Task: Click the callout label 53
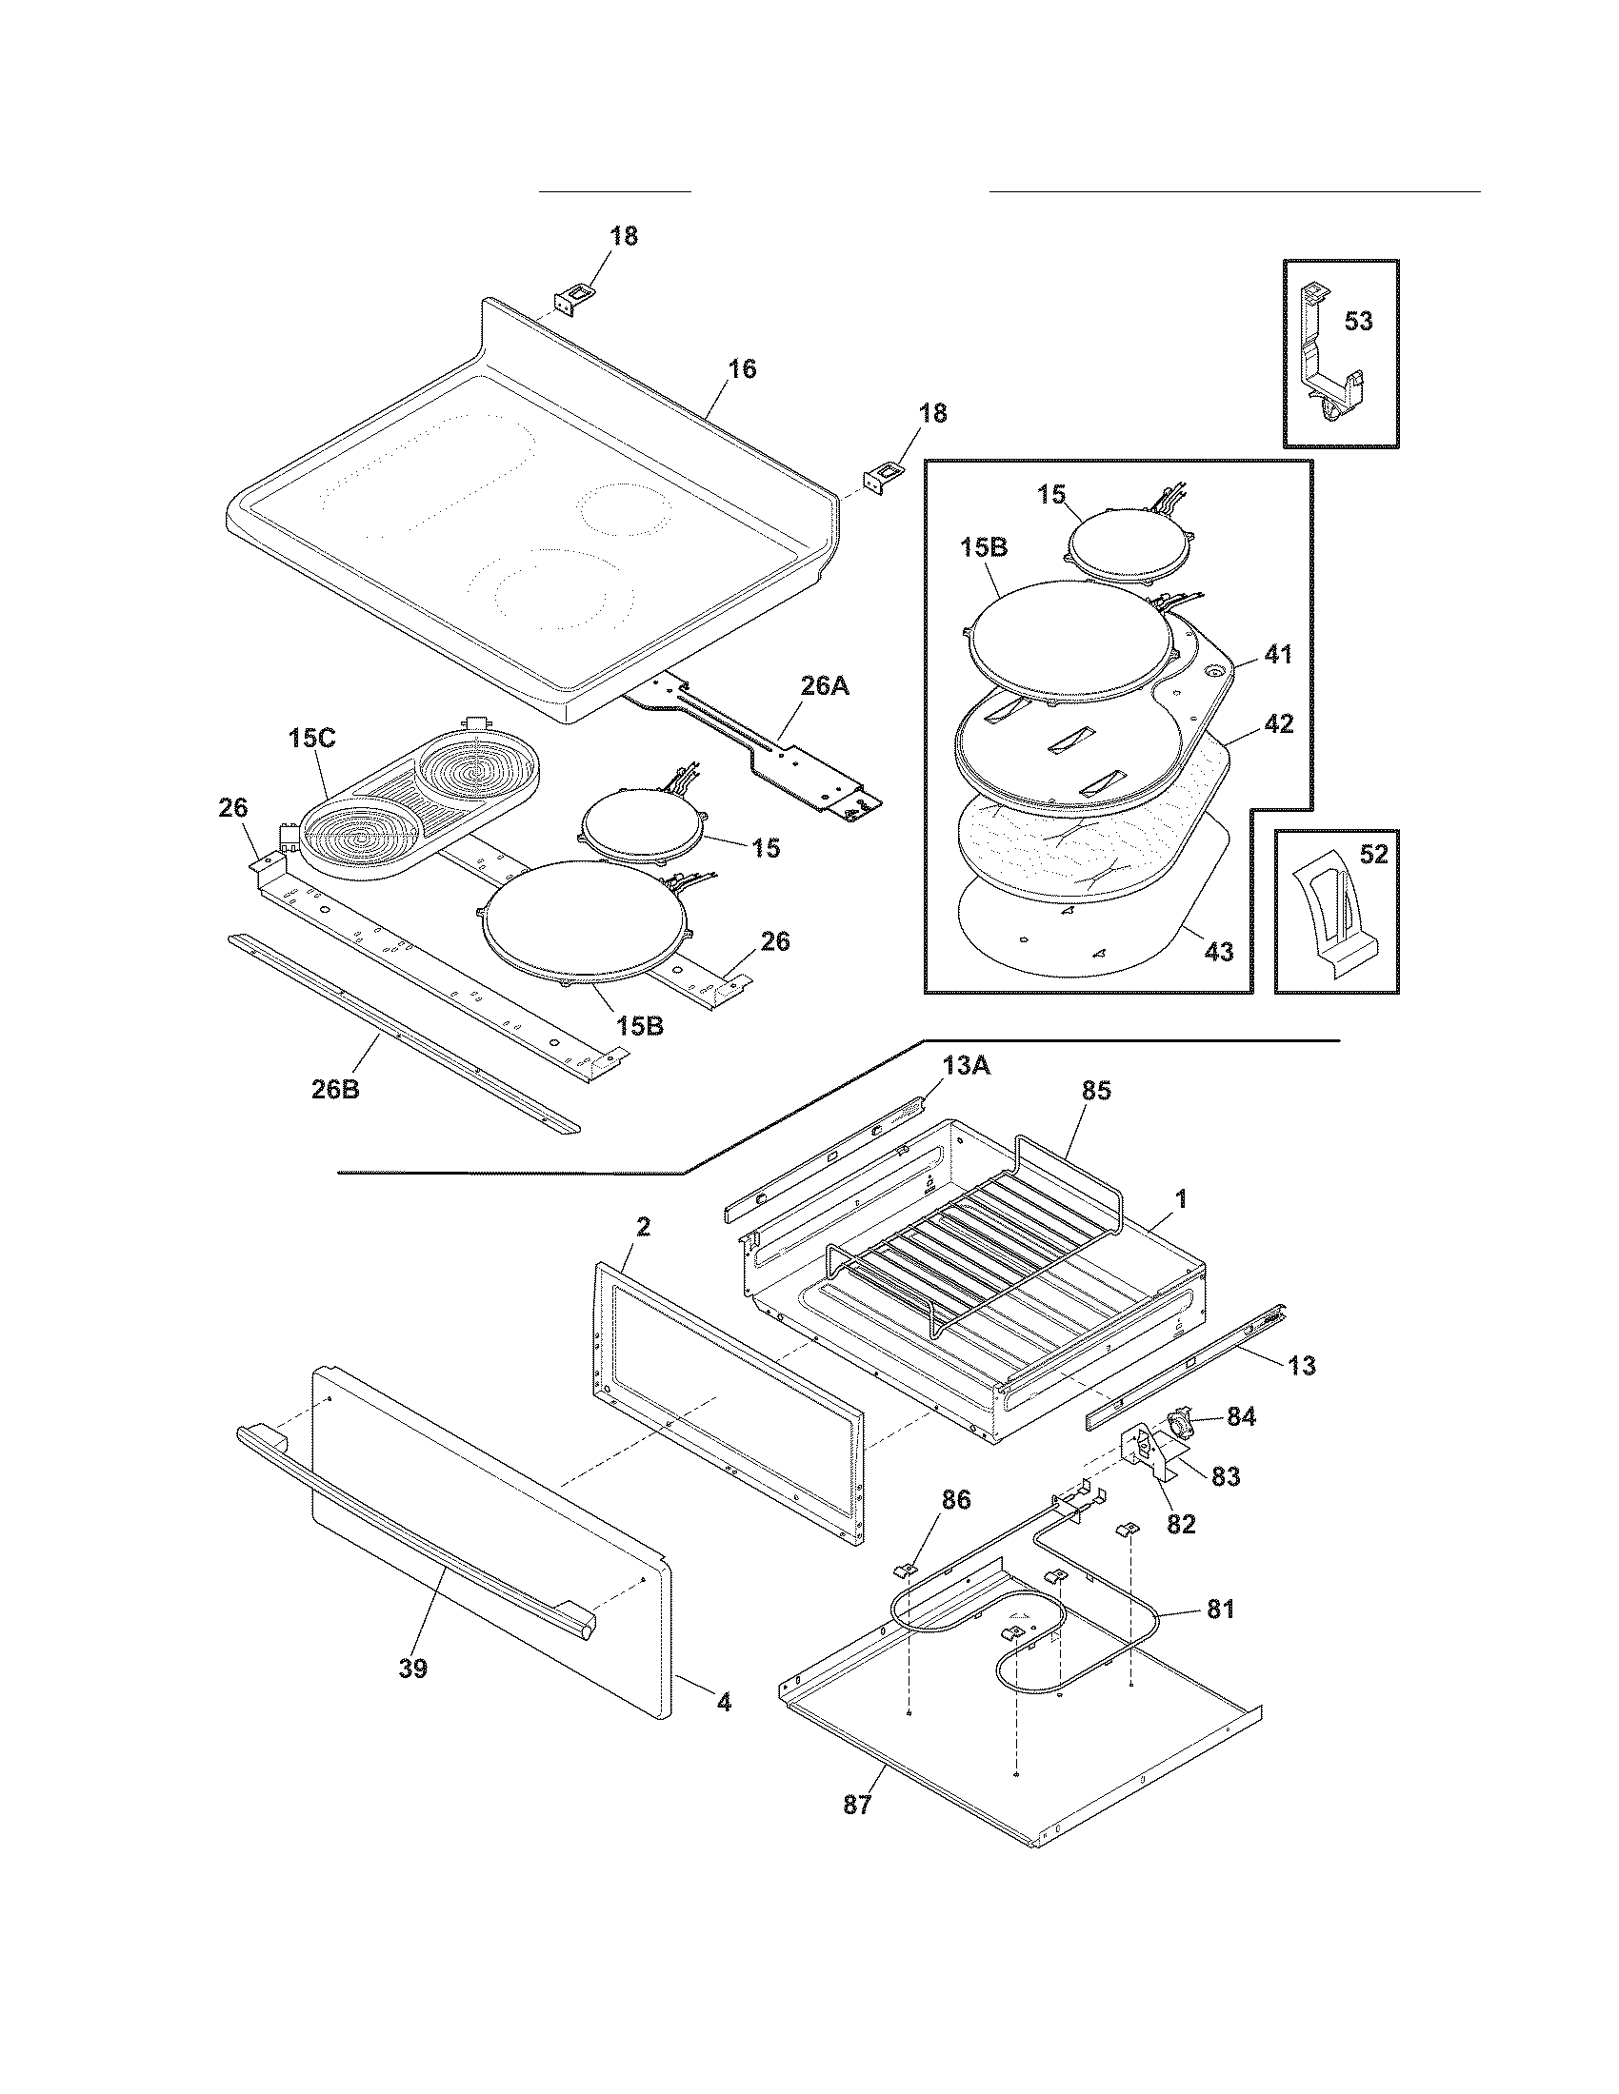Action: click(1358, 321)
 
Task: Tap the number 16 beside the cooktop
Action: click(741, 369)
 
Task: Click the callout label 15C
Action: click(311, 739)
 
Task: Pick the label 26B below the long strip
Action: click(335, 1089)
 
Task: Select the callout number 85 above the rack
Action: click(1096, 1091)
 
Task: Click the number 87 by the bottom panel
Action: click(857, 1805)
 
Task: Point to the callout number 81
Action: click(1220, 1610)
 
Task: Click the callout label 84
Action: click(1241, 1416)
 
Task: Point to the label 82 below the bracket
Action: click(1181, 1524)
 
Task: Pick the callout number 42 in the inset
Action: click(1278, 724)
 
